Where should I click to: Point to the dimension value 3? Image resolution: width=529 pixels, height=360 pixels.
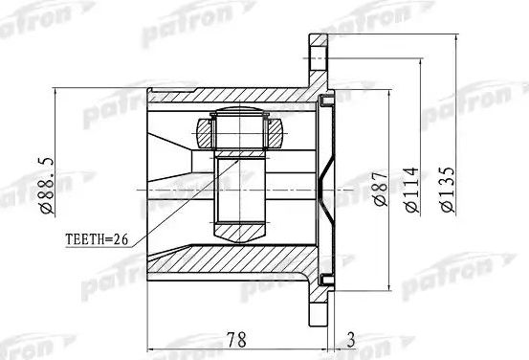pos(353,338)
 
